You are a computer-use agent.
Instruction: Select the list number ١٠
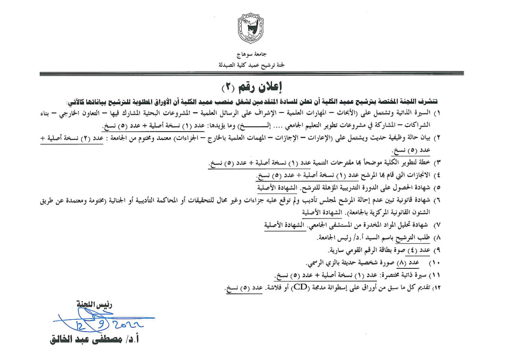(435, 263)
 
